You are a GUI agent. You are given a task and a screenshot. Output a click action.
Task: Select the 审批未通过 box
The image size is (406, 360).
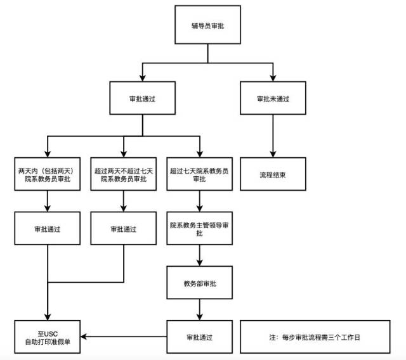272,100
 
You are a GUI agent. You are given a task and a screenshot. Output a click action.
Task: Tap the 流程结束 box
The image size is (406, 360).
272,174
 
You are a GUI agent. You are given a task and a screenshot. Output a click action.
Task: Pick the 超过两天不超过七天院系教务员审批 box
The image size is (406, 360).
123,174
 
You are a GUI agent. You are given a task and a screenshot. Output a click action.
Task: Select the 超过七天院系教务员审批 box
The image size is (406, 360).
199,174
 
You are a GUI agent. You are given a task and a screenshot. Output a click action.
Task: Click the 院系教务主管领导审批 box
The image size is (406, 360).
199,229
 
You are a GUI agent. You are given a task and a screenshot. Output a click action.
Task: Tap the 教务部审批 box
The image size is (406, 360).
199,283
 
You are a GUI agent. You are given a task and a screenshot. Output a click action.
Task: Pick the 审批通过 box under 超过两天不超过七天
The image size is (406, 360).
123,229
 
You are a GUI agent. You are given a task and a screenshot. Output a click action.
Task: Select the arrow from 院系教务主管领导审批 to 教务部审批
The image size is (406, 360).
200,255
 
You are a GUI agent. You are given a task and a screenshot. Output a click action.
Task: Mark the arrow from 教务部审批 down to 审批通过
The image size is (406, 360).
200,309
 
